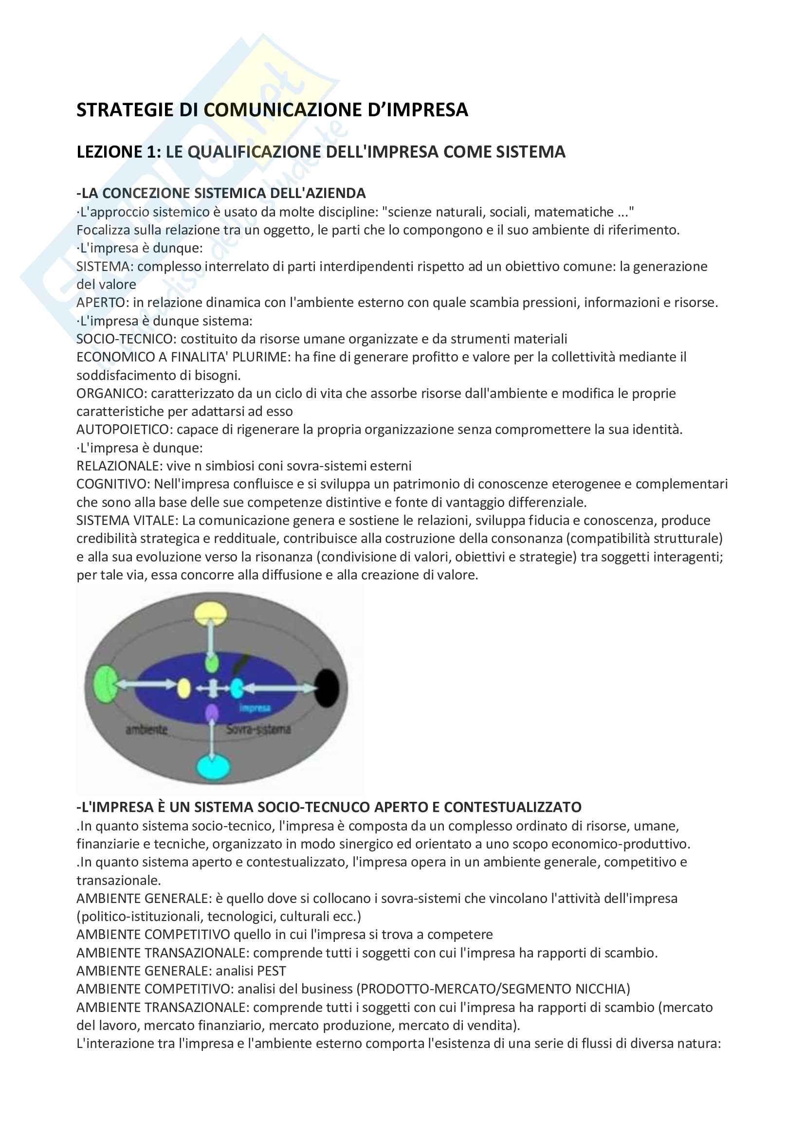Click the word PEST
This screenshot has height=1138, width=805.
[272, 971]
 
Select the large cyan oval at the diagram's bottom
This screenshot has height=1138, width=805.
[214, 767]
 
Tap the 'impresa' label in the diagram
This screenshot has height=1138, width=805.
[254, 707]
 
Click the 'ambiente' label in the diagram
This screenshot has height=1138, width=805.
[146, 729]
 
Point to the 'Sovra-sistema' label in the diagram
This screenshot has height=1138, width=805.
[258, 729]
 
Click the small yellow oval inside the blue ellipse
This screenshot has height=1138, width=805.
[184, 688]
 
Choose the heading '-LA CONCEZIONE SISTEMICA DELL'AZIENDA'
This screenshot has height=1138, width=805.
[221, 193]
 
